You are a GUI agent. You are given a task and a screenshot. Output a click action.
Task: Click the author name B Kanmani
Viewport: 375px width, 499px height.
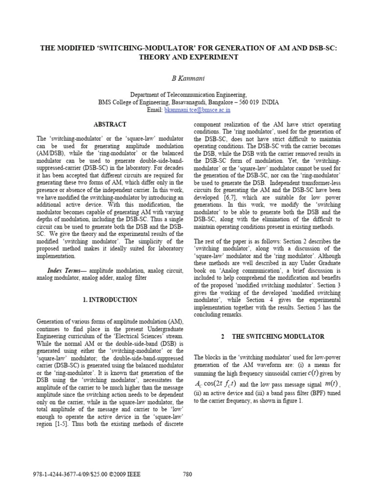(187, 77)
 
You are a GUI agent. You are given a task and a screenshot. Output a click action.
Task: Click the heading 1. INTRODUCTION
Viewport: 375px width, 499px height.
(111, 300)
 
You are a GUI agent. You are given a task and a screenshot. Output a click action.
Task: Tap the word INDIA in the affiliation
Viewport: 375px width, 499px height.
(270, 103)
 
